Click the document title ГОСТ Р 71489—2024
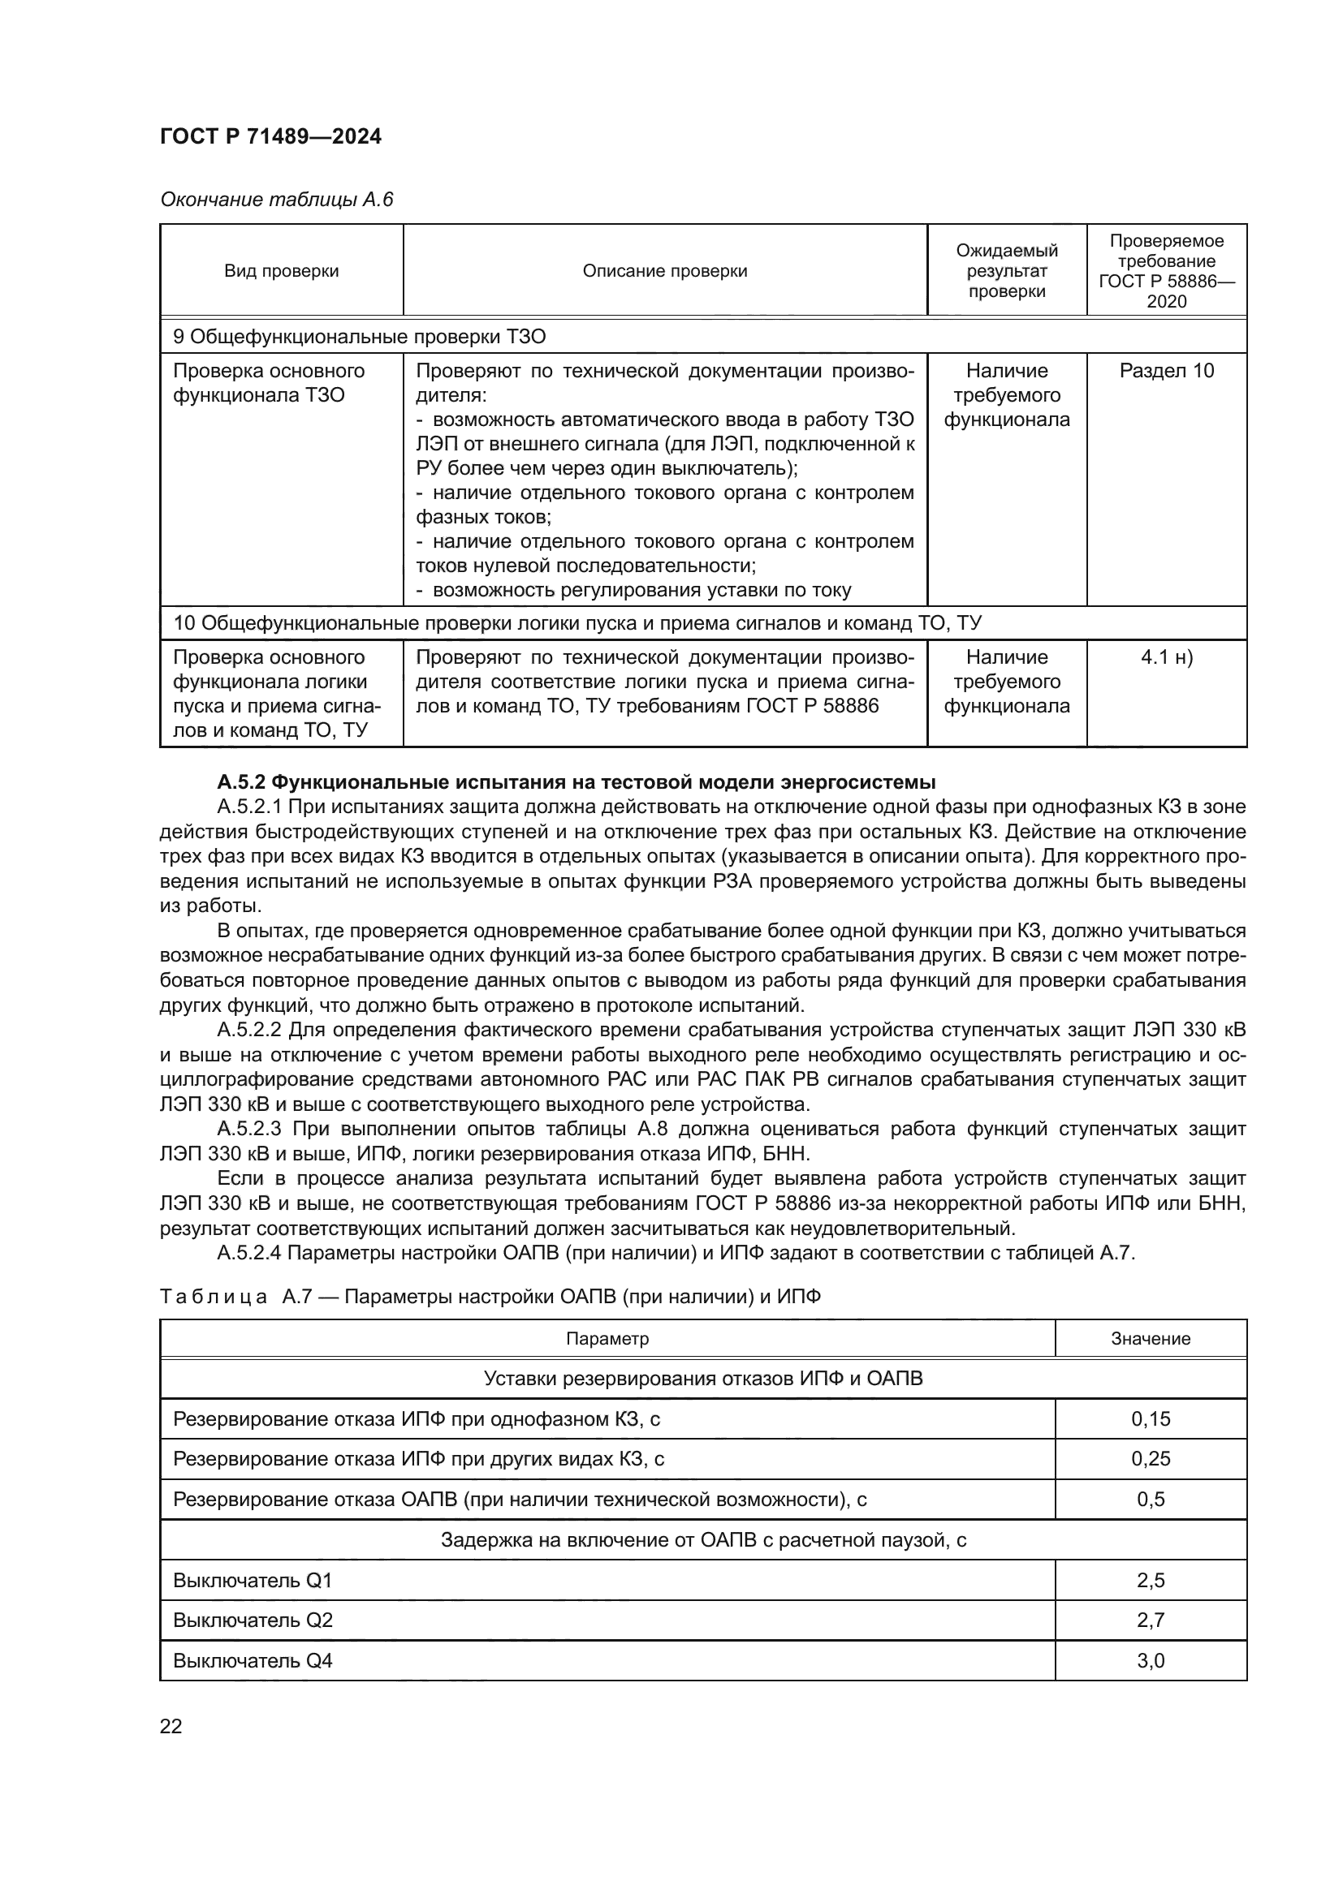pyautogui.click(x=270, y=137)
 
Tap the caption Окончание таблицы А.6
pyautogui.click(x=276, y=200)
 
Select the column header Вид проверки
pyautogui.click(x=281, y=271)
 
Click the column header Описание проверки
pyautogui.click(x=664, y=271)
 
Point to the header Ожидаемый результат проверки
pyautogui.click(x=1005, y=271)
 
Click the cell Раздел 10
pyautogui.click(x=1166, y=371)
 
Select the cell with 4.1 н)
pyautogui.click(x=1166, y=658)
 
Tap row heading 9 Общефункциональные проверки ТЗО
pyautogui.click(x=359, y=337)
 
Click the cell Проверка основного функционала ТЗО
pyautogui.click(x=269, y=383)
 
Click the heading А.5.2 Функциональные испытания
pyautogui.click(x=576, y=782)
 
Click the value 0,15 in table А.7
pyautogui.click(x=1150, y=1419)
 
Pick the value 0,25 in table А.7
pyautogui.click(x=1150, y=1459)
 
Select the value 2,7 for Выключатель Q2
pyautogui.click(x=1150, y=1620)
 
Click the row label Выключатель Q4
pyautogui.click(x=253, y=1661)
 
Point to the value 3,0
pyautogui.click(x=1150, y=1661)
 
